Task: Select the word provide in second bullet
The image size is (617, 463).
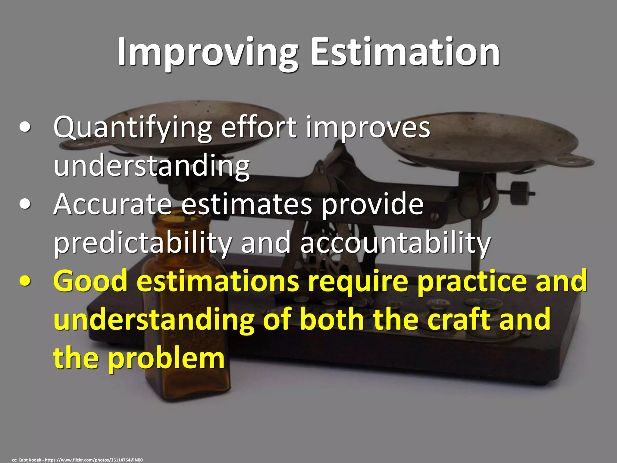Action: (x=372, y=205)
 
